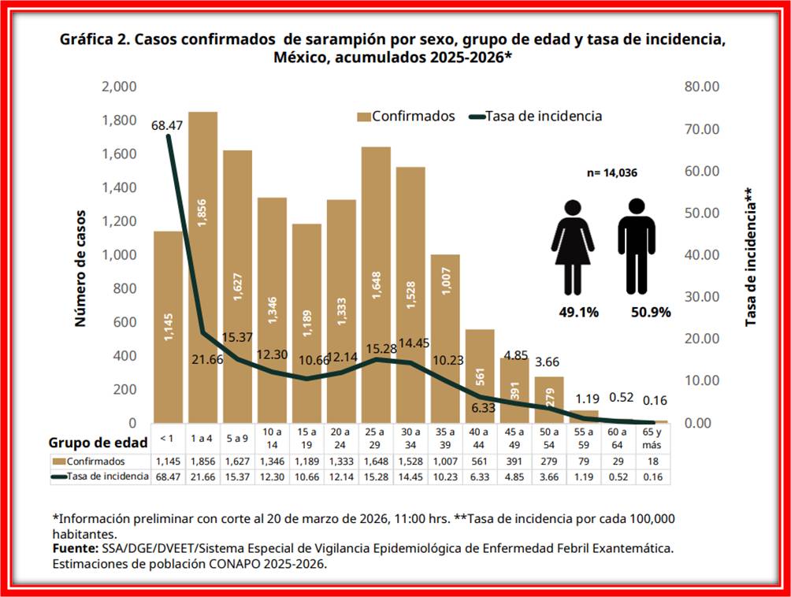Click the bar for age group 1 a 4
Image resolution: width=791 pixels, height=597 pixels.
coord(202,268)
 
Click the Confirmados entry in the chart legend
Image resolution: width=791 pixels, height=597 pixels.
coord(407,116)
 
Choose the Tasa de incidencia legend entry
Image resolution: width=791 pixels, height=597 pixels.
coord(536,116)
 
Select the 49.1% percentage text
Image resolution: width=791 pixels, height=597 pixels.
coord(578,312)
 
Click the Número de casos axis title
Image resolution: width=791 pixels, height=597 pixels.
coord(80,268)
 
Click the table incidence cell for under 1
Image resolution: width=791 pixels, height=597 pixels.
coord(167,476)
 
